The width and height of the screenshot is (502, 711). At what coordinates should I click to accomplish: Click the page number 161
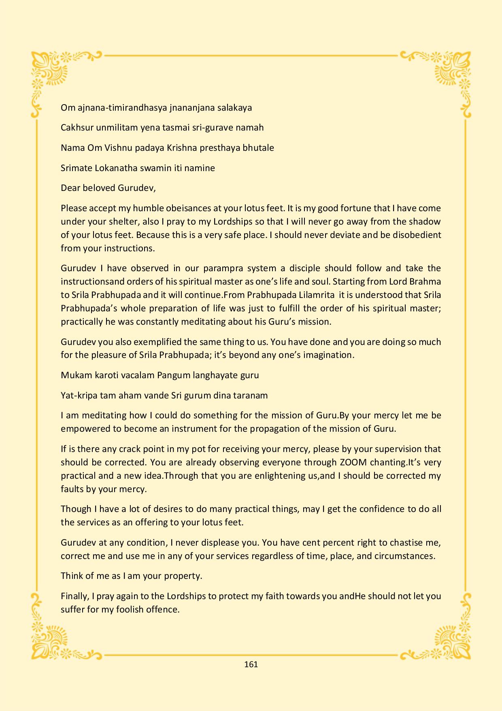pyautogui.click(x=251, y=664)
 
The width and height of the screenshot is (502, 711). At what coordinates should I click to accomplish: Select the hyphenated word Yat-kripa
pyautogui.click(x=79, y=395)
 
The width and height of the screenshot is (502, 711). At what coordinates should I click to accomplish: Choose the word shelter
pyautogui.click(x=121, y=222)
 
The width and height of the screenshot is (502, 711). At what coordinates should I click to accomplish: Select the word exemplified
pyautogui.click(x=160, y=342)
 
